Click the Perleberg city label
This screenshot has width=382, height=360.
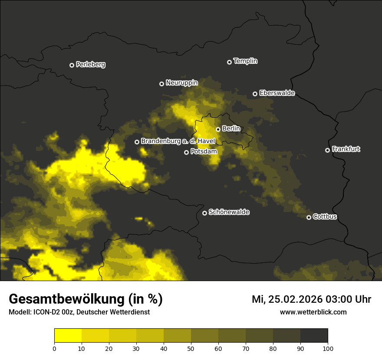(91, 65)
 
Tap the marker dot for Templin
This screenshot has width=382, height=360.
(229, 62)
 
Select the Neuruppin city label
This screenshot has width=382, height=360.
(181, 83)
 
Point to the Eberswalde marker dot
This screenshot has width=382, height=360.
(255, 94)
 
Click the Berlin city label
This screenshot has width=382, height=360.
(231, 128)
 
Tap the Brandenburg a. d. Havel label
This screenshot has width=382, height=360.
(178, 141)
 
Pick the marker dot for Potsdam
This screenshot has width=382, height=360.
(186, 152)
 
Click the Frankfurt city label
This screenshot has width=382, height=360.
(346, 149)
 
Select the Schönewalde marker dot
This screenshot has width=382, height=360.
(204, 213)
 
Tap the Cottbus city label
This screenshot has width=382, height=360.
(325, 216)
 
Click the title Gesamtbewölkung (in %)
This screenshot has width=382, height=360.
(86, 299)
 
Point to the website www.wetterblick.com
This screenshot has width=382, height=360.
(313, 312)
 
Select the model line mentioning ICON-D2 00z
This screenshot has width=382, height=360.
(79, 312)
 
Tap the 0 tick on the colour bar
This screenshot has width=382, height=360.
(54, 348)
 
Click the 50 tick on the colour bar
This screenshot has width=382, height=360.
(191, 348)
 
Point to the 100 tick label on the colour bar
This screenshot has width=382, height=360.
(328, 348)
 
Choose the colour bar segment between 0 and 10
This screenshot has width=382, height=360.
(68, 336)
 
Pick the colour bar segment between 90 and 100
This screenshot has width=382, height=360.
(314, 336)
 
